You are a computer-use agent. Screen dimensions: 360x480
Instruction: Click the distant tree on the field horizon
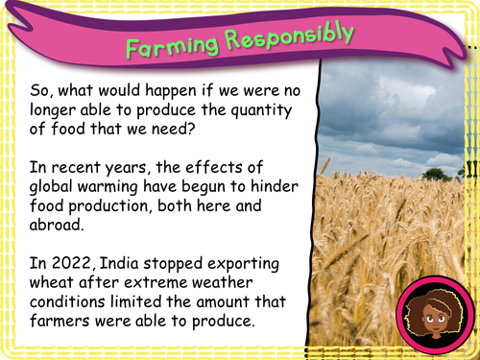coord(436,174)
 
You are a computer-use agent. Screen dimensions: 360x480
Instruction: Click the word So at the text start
coord(39,88)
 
